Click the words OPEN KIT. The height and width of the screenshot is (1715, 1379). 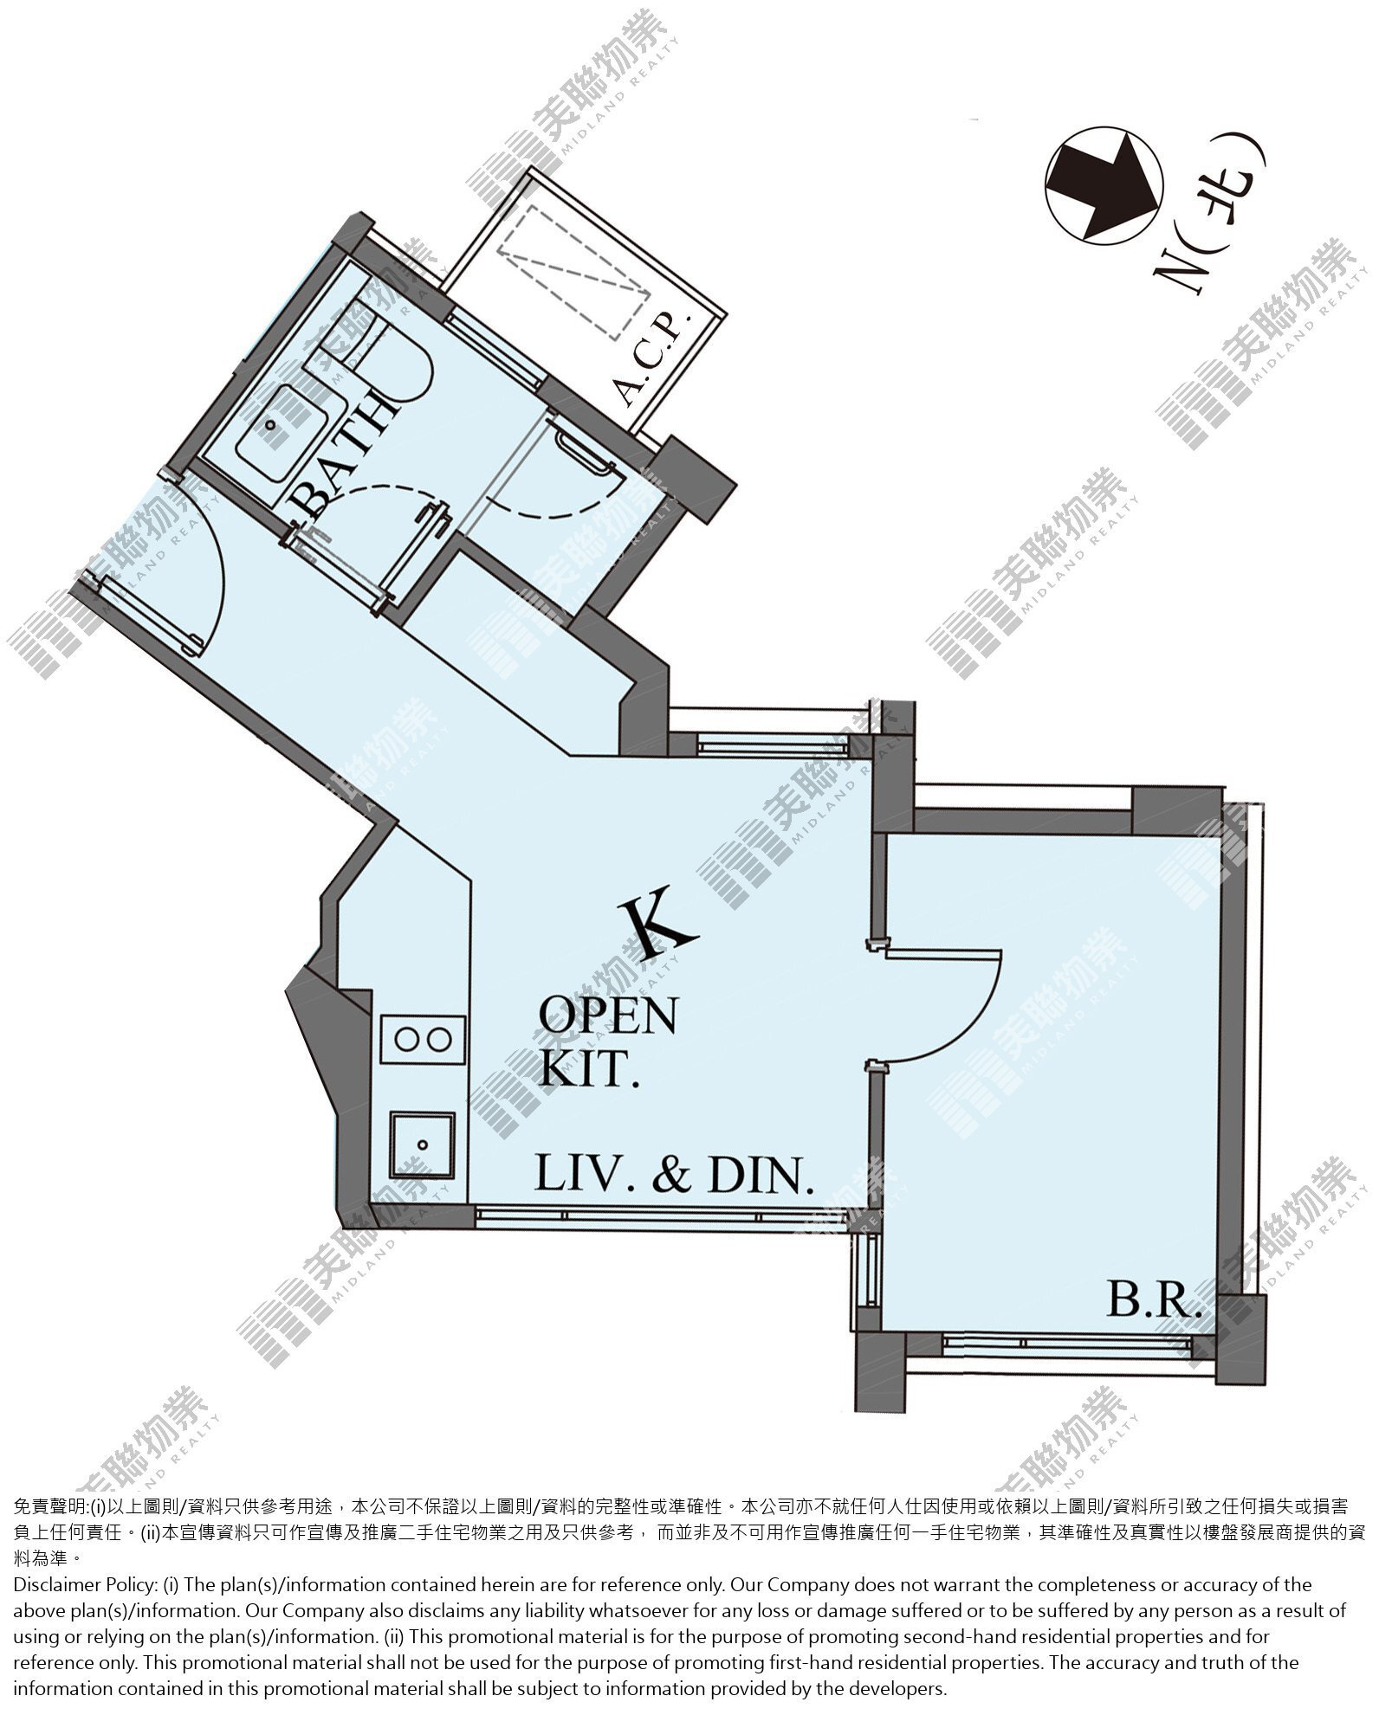point(607,1041)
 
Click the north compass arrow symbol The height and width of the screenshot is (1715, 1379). point(1102,184)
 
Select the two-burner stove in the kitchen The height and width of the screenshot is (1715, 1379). point(422,1036)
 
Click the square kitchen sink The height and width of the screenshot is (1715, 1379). point(422,1144)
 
